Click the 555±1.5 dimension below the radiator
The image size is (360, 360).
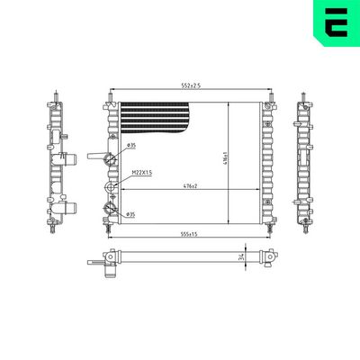click(x=186, y=233)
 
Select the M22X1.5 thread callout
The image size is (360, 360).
click(x=141, y=172)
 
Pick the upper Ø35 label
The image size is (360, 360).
click(x=131, y=145)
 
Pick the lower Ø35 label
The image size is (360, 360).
click(x=131, y=214)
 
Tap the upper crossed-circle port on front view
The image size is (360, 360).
click(x=112, y=160)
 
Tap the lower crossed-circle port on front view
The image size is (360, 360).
click(x=112, y=208)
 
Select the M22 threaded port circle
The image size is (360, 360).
click(x=112, y=188)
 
